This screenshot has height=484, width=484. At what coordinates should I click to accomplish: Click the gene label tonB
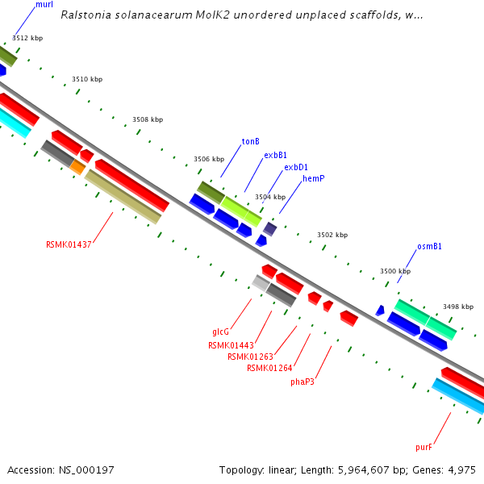(250, 141)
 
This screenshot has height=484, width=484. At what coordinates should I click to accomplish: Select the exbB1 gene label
(275, 155)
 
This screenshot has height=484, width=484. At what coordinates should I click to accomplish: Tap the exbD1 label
(296, 167)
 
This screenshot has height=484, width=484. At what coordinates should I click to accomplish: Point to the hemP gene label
(313, 178)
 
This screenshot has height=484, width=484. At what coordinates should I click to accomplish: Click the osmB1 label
(429, 246)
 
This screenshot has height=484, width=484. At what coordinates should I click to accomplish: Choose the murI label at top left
(44, 5)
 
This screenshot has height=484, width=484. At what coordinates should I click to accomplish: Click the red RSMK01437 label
(69, 244)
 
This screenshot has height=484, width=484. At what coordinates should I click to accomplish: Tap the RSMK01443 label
(230, 345)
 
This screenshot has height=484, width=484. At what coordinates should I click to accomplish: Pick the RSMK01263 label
(250, 357)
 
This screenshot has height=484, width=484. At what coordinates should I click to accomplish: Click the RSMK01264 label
(269, 369)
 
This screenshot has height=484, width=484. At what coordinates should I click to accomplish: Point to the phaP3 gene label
(302, 382)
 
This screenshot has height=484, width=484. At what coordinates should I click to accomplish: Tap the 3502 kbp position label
(332, 235)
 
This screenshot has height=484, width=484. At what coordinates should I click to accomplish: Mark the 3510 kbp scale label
(87, 79)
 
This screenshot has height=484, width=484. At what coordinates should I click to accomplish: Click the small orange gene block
(77, 167)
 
